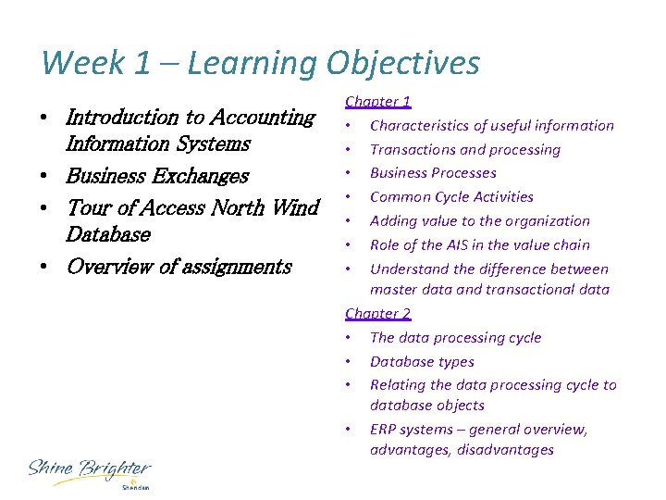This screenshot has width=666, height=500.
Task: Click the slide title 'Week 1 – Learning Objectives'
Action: (260, 63)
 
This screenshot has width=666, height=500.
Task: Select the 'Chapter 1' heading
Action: (378, 102)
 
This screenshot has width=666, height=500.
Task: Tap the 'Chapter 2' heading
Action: (378, 314)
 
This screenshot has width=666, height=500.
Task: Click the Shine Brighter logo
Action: (89, 472)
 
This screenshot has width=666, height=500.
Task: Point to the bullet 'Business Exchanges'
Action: (157, 175)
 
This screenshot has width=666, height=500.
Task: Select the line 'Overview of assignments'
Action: (179, 267)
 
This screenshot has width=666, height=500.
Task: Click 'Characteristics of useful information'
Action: (491, 126)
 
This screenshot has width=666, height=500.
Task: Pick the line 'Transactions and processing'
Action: (464, 150)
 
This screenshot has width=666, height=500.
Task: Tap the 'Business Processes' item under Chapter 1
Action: (433, 173)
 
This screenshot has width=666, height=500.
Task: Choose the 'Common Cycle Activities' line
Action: (451, 197)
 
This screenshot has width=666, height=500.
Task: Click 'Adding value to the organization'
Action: (479, 221)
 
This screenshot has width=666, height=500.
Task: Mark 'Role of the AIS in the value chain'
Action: (479, 245)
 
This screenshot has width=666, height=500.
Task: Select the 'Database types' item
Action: (422, 362)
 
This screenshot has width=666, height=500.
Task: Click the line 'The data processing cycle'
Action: (455, 338)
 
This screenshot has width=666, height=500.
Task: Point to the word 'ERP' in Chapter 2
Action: (384, 430)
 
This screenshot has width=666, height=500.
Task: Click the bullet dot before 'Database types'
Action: (347, 362)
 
